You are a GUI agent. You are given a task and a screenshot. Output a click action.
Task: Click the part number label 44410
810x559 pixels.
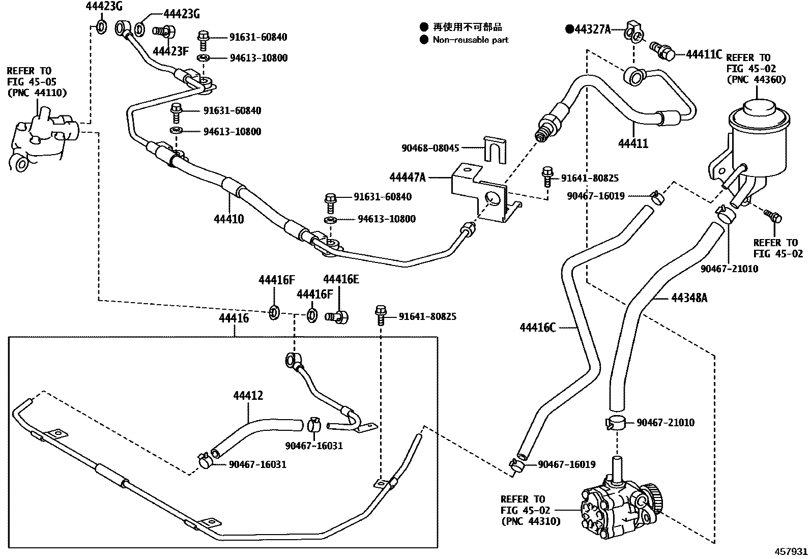(229, 219)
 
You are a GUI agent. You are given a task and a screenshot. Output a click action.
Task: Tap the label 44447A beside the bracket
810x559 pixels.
(408, 177)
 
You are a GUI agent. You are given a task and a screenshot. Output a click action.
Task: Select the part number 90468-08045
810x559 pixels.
(430, 148)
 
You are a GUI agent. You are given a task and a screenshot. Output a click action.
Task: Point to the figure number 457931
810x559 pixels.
(791, 551)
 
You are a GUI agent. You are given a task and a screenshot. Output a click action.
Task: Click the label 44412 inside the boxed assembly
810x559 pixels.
(248, 396)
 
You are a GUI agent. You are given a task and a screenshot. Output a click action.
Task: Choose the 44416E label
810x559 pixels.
(341, 279)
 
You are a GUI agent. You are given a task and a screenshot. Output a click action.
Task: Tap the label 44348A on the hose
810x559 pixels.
(689, 298)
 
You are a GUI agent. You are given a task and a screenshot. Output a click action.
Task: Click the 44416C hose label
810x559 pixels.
(537, 328)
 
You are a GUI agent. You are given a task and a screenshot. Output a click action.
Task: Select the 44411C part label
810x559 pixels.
(704, 54)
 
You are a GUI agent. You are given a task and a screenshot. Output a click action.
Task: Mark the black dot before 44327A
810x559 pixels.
(570, 30)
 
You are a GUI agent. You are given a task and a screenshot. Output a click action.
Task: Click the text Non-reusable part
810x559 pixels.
(471, 40)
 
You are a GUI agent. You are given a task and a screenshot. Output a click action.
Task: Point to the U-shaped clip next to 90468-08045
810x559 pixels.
(495, 150)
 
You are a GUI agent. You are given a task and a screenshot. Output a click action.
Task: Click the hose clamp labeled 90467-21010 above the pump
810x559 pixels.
(615, 423)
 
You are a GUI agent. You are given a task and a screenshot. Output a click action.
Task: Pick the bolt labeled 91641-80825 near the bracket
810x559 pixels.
(547, 176)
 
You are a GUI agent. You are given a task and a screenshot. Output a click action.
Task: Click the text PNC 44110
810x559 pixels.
(37, 93)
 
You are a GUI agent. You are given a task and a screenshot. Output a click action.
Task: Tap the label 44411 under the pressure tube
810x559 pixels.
(633, 143)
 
